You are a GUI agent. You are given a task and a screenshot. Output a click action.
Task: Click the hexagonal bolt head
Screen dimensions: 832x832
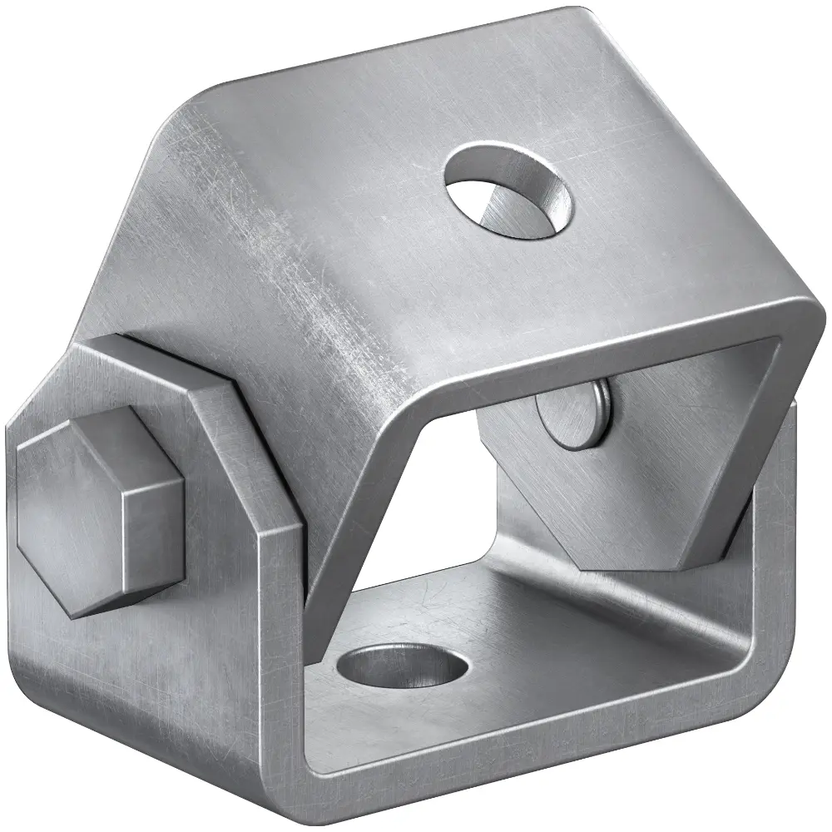[x=96, y=512]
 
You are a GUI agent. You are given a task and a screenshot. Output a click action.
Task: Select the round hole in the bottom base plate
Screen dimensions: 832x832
[x=404, y=666]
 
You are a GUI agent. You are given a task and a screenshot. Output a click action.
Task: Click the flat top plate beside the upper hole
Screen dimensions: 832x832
[x=649, y=191]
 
